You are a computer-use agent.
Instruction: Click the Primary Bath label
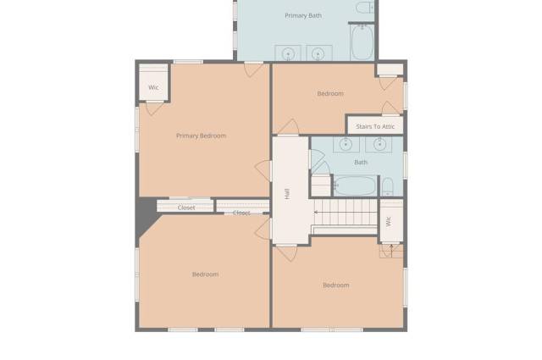tap(303, 15)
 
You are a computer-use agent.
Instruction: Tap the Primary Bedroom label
tap(202, 136)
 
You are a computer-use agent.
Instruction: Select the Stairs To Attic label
tap(375, 126)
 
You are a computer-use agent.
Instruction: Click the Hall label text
tap(287, 194)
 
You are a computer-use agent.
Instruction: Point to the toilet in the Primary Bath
tap(365, 7)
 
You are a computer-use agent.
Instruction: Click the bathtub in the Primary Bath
tap(362, 42)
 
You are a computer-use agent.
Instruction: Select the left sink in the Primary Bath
tap(288, 53)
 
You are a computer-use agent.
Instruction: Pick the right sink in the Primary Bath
tap(318, 53)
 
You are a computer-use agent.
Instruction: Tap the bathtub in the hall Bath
tap(355, 186)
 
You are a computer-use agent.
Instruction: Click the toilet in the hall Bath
tap(387, 186)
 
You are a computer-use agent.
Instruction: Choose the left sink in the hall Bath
tap(346, 144)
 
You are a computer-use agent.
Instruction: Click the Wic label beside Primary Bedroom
tap(153, 87)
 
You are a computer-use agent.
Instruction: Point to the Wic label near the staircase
tap(389, 221)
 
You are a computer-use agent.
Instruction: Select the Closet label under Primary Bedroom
tap(186, 208)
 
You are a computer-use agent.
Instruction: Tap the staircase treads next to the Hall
tap(345, 213)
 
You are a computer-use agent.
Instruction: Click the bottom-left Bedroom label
tap(205, 274)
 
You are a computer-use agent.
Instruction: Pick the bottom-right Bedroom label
tap(336, 285)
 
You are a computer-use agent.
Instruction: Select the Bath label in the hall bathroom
tap(361, 162)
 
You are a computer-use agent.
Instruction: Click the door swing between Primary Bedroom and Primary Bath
tap(253, 70)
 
